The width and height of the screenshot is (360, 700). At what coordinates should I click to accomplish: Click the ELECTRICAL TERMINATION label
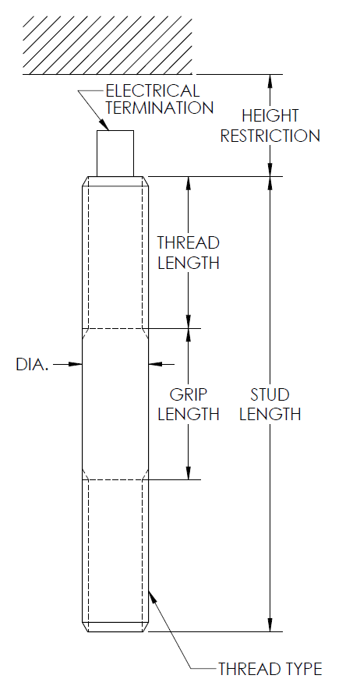tap(159, 100)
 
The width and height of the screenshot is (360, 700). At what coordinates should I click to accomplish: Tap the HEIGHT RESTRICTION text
tap(270, 126)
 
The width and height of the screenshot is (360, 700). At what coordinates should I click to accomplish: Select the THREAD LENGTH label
tap(188, 253)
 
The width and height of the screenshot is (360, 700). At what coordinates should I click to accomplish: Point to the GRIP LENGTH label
tap(188, 404)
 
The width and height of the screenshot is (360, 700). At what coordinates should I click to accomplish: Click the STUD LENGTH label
tap(270, 404)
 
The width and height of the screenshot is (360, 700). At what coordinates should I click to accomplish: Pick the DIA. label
tap(32, 364)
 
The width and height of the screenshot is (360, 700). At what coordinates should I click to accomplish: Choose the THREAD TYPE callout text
tap(269, 669)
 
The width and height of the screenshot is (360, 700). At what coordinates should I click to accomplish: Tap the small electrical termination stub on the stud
tap(115, 153)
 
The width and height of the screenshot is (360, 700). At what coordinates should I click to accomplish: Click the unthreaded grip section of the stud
tap(115, 403)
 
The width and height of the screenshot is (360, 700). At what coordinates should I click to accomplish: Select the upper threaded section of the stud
tap(115, 253)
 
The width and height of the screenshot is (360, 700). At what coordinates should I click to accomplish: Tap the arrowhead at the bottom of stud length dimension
tap(270, 624)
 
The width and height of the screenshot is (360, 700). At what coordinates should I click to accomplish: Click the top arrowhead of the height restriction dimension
tap(270, 80)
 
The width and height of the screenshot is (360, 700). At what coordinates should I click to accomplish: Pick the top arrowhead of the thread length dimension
tap(188, 182)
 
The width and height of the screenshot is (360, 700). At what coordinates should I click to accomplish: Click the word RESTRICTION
tap(270, 136)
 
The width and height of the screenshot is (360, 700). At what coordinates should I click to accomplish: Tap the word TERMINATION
tap(159, 108)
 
